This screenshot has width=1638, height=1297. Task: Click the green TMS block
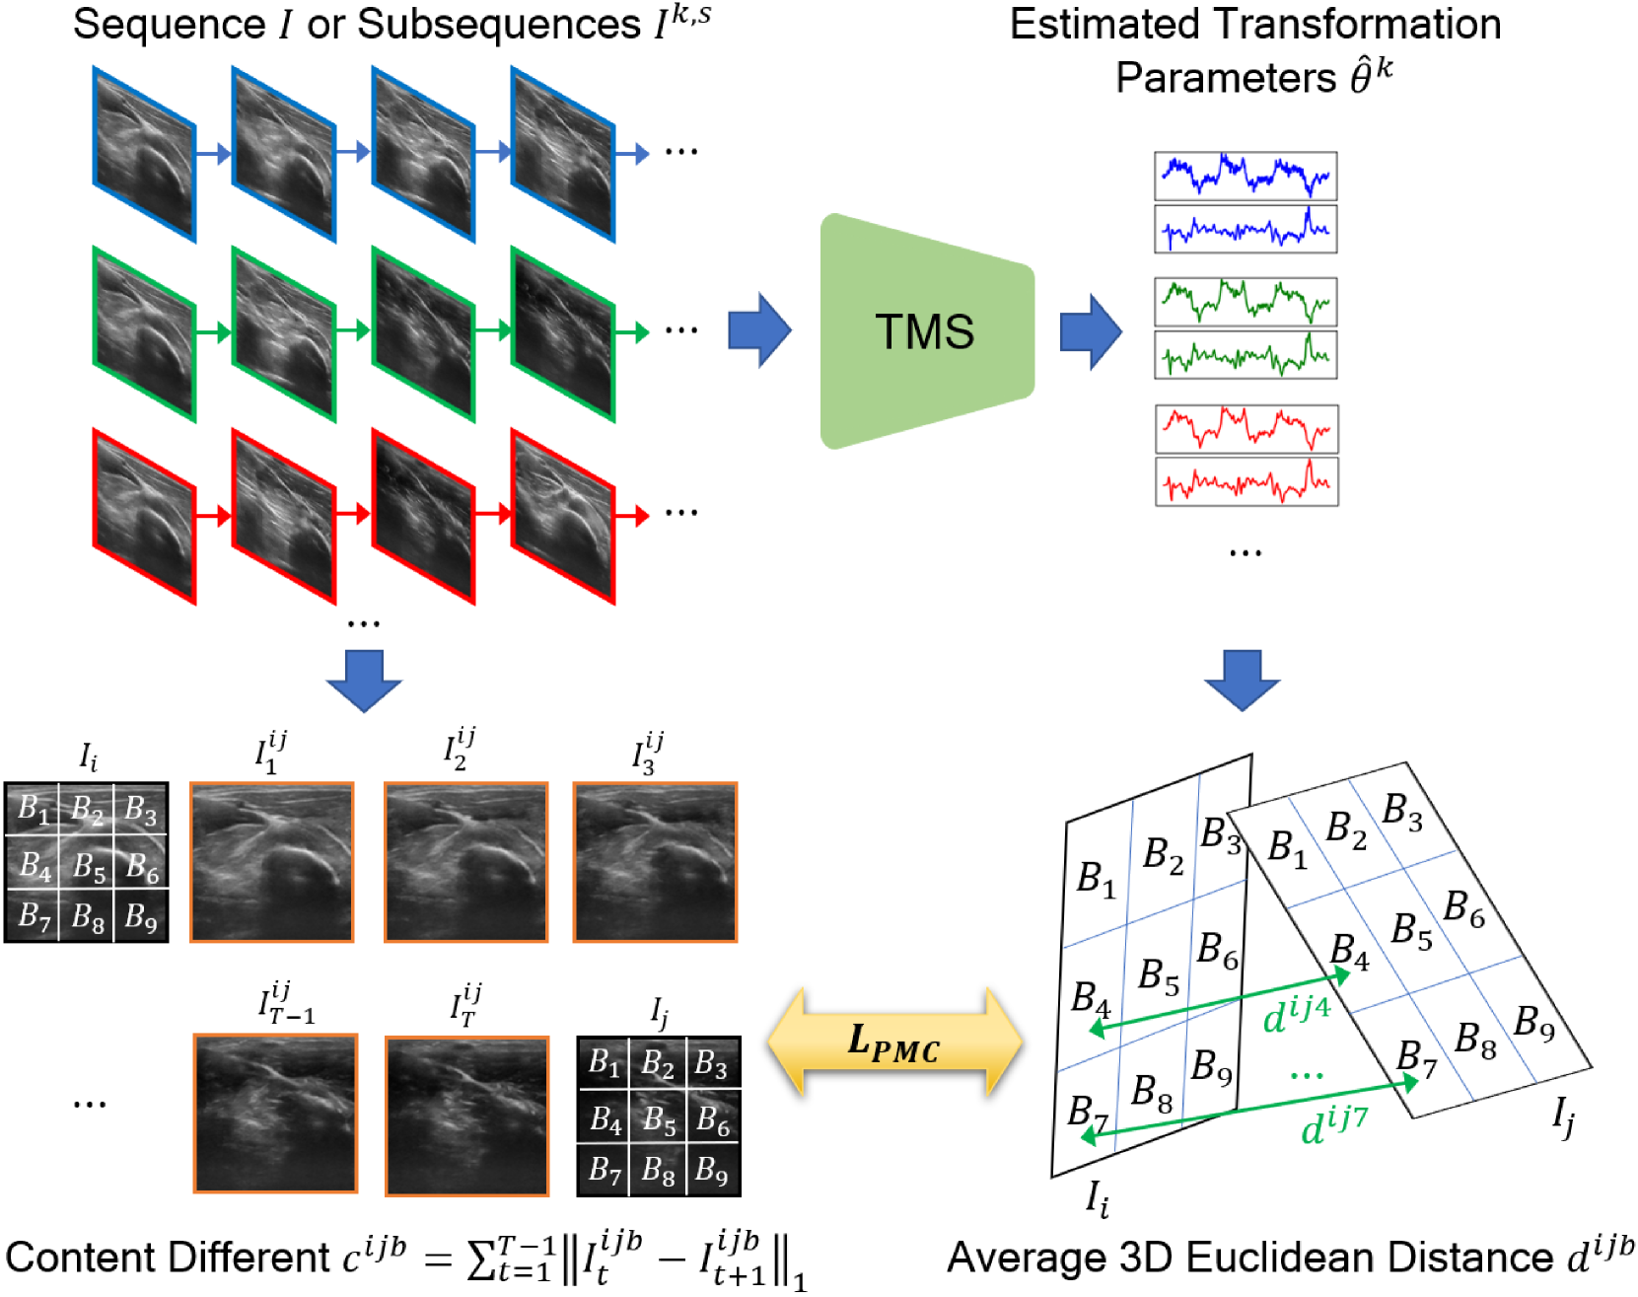(925, 331)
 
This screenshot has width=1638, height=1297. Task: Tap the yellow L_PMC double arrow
(894, 1043)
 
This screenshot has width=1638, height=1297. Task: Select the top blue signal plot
(1246, 176)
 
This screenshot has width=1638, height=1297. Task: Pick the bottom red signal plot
(1246, 482)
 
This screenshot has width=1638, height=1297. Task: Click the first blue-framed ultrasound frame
(144, 153)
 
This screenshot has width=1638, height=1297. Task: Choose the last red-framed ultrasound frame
(562, 516)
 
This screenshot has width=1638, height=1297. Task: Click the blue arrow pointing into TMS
(758, 330)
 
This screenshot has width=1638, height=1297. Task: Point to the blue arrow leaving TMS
(1090, 331)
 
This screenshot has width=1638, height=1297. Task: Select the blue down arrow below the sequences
(364, 680)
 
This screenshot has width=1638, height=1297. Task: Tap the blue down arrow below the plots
(1242, 680)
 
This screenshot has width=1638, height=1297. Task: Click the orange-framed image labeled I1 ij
(271, 862)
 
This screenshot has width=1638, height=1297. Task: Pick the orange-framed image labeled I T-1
(275, 1114)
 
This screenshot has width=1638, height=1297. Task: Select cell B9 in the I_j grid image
(713, 1170)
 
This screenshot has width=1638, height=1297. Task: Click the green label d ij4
(1296, 1015)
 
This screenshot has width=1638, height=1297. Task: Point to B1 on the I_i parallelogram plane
(1095, 878)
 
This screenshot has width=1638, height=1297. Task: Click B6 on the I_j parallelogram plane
(1463, 909)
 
